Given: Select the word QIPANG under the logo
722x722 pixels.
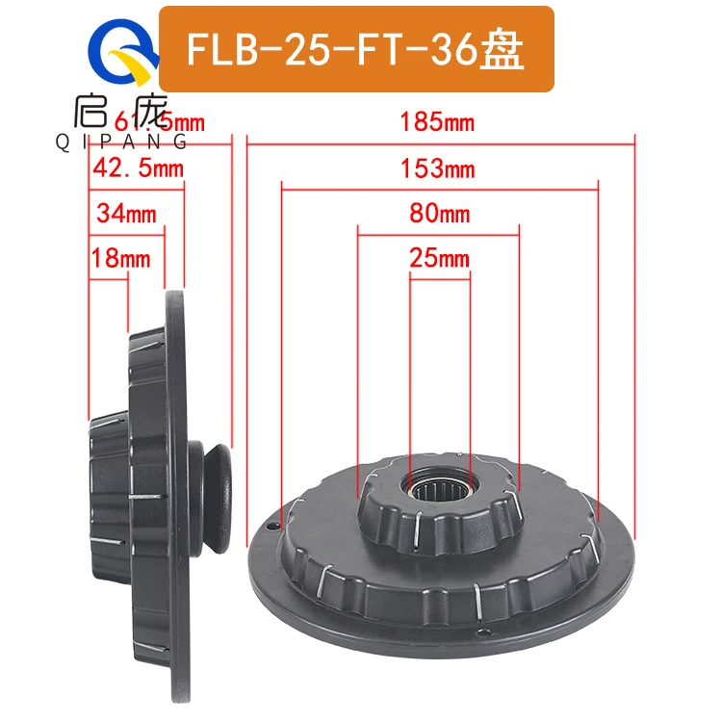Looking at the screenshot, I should coord(124,142).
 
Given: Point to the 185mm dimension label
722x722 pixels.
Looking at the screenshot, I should coord(440,122).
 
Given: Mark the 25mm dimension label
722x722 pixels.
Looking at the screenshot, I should coord(440,258).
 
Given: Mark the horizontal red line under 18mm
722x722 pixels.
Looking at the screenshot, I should coord(109,279).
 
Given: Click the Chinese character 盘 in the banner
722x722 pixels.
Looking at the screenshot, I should coord(506,50).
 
